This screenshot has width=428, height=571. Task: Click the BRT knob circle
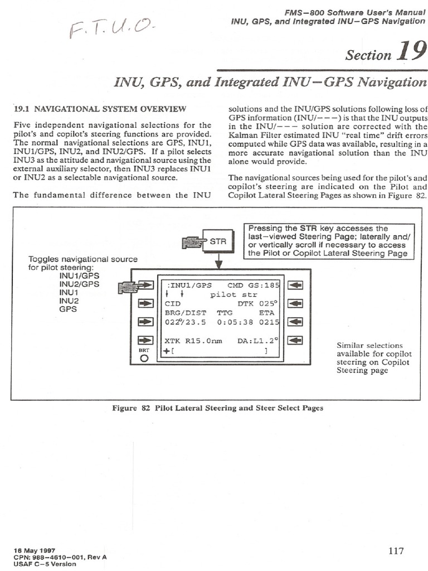point(144,359)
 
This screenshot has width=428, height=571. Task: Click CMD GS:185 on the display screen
point(254,284)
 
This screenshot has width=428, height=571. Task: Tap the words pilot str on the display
point(229,294)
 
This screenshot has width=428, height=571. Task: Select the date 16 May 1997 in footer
point(35,549)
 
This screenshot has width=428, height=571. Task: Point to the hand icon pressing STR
point(191,243)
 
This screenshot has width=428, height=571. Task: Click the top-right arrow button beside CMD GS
point(295,285)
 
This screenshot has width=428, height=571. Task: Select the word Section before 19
point(368,55)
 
